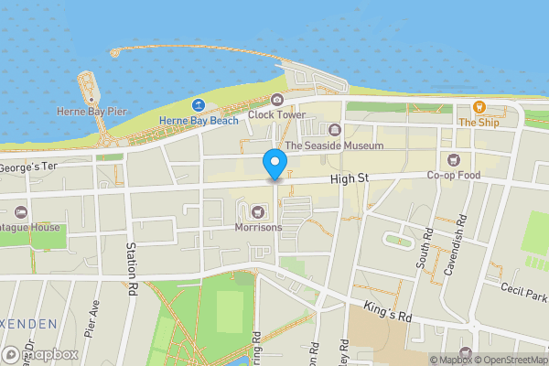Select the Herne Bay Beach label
(x=199, y=120)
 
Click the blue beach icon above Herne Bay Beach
(x=199, y=105)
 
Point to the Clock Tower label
(x=276, y=114)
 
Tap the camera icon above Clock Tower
(x=276, y=100)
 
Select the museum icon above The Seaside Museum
(x=335, y=129)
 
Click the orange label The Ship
(x=479, y=122)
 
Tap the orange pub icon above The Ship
(x=479, y=107)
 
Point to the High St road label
(x=348, y=181)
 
